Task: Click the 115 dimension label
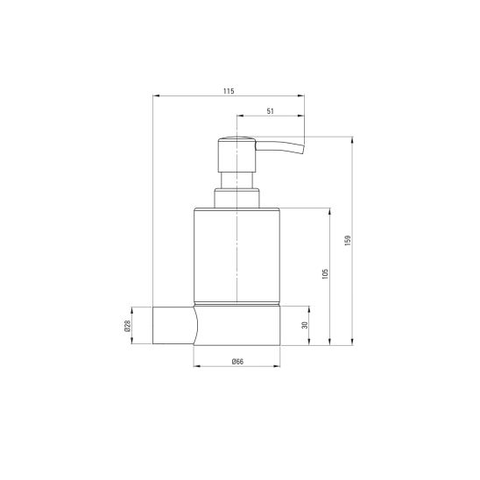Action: pyautogui.click(x=229, y=91)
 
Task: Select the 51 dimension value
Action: pyautogui.click(x=271, y=111)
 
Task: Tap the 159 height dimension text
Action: pyautogui.click(x=348, y=241)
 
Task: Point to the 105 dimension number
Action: pyautogui.click(x=325, y=273)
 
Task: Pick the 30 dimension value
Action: pyautogui.click(x=305, y=325)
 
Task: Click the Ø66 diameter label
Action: pyautogui.click(x=237, y=362)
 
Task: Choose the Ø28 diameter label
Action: pyautogui.click(x=127, y=326)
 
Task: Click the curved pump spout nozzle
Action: pyautogui.click(x=279, y=146)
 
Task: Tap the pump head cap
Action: pyautogui.click(x=237, y=154)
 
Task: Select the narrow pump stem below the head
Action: pyautogui.click(x=237, y=180)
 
